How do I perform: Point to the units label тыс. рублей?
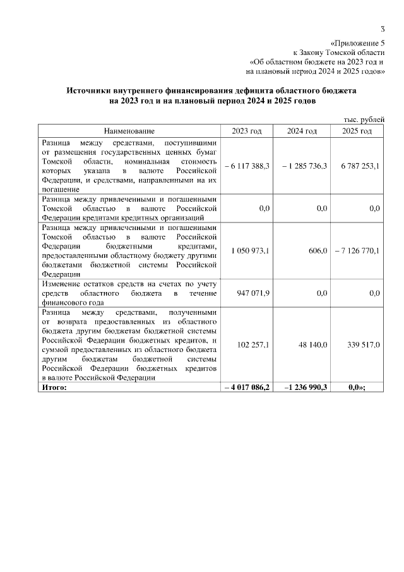[x=363, y=119]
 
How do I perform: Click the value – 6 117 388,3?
[x=247, y=166]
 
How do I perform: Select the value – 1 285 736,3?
[x=302, y=166]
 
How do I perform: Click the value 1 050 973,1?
[x=250, y=251]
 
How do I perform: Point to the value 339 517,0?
[x=364, y=345]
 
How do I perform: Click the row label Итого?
[x=54, y=387]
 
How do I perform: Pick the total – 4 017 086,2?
[x=247, y=387]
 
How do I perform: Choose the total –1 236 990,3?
[x=302, y=387]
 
